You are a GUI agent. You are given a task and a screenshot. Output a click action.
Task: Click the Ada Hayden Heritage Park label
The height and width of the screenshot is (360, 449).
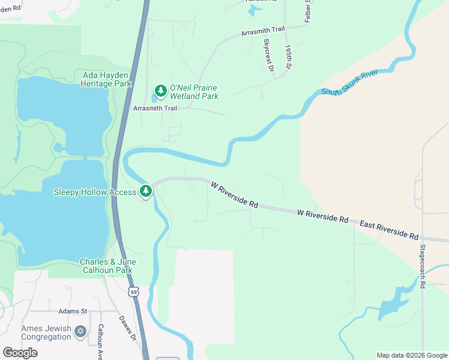click(106, 79)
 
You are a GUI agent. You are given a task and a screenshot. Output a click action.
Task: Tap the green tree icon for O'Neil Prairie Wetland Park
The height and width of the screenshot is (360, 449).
click(160, 91)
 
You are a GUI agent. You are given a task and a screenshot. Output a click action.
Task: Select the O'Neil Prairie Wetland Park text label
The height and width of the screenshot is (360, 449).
click(193, 92)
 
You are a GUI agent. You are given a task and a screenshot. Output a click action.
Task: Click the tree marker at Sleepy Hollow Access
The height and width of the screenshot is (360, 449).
click(145, 191)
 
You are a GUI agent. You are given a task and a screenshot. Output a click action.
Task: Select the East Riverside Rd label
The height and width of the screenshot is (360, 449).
click(388, 230)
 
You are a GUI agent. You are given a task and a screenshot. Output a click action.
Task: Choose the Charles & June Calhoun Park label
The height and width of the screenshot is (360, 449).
click(108, 266)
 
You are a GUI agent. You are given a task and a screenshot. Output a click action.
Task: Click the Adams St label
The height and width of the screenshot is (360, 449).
click(73, 311)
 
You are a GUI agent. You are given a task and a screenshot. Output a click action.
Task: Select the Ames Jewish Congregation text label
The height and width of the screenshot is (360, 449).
click(46, 332)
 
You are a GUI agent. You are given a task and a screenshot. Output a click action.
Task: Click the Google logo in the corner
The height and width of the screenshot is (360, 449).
click(20, 352)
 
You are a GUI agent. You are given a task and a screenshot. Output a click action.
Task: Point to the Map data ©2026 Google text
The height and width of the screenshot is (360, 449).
click(412, 355)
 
